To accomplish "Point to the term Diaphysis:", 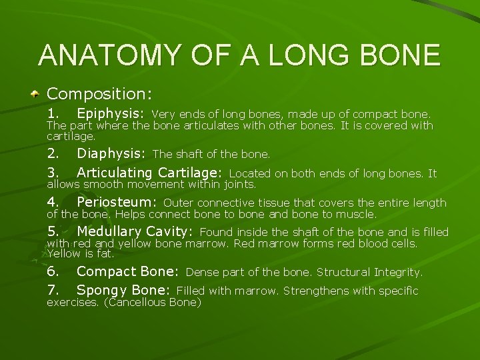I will (x=111, y=153).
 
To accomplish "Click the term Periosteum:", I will (x=117, y=202).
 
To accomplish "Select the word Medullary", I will (x=109, y=231).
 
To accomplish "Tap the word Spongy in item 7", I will (x=100, y=290).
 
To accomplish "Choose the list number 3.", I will (x=53, y=173).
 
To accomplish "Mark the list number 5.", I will (x=53, y=231).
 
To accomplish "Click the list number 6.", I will (x=53, y=271).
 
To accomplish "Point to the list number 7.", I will (x=53, y=290).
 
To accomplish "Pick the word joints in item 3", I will (x=239, y=184).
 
